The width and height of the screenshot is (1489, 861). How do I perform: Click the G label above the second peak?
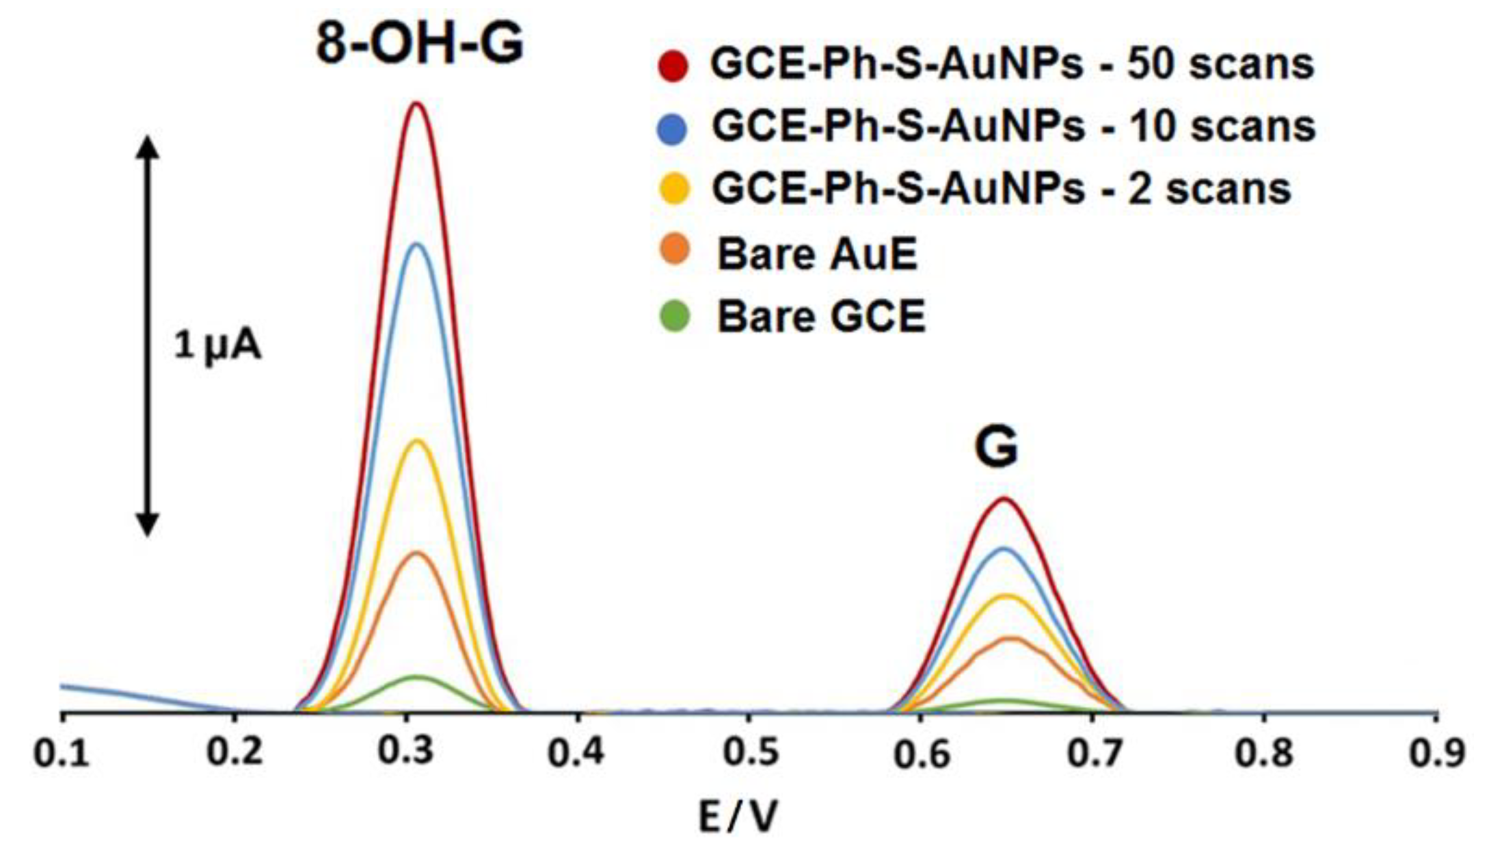[x=996, y=447]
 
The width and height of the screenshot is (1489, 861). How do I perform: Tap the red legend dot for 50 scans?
[x=673, y=65]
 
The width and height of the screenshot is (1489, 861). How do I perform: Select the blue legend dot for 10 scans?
[x=673, y=127]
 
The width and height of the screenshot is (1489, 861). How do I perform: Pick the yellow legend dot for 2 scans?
[x=673, y=189]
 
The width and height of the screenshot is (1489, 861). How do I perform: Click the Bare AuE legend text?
[x=817, y=254]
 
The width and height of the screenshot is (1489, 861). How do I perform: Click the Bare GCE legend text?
[x=821, y=317]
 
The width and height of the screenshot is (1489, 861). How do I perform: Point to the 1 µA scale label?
[x=217, y=346]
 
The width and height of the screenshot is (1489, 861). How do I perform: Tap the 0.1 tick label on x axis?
[x=62, y=753]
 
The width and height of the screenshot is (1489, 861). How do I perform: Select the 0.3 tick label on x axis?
[x=406, y=753]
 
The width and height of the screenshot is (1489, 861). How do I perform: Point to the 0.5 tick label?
[x=750, y=753]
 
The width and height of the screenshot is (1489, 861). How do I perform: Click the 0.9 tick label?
[x=1436, y=753]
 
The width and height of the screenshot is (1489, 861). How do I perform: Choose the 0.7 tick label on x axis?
[x=1093, y=753]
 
